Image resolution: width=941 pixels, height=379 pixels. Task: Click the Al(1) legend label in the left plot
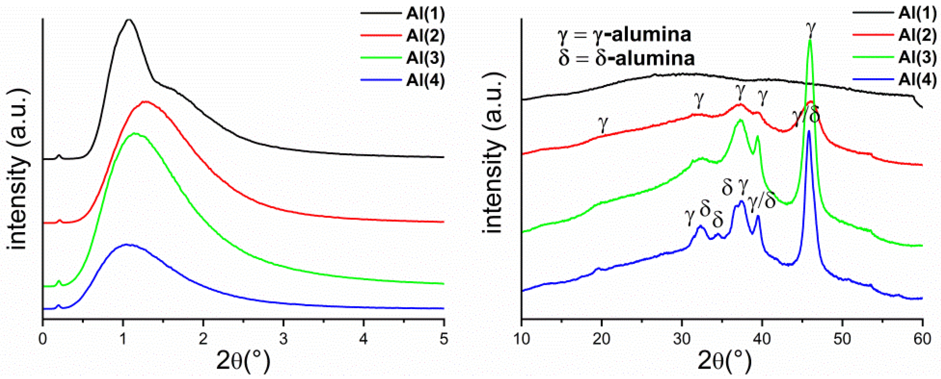(x=425, y=14)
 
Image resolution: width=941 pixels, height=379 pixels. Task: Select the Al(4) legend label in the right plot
(x=917, y=80)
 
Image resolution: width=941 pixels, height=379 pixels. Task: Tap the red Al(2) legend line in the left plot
(x=381, y=36)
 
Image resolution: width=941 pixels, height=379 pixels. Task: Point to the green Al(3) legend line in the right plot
(x=873, y=58)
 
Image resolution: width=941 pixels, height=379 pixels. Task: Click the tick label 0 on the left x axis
(x=43, y=339)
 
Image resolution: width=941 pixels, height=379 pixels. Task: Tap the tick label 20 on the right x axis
(x=602, y=339)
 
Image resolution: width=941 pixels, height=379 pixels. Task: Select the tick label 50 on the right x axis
(x=842, y=339)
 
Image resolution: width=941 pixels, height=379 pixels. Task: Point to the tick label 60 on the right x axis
(x=922, y=339)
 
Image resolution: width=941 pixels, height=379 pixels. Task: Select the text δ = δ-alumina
(x=626, y=58)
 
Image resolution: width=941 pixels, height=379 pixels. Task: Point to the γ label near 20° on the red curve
(x=603, y=124)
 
